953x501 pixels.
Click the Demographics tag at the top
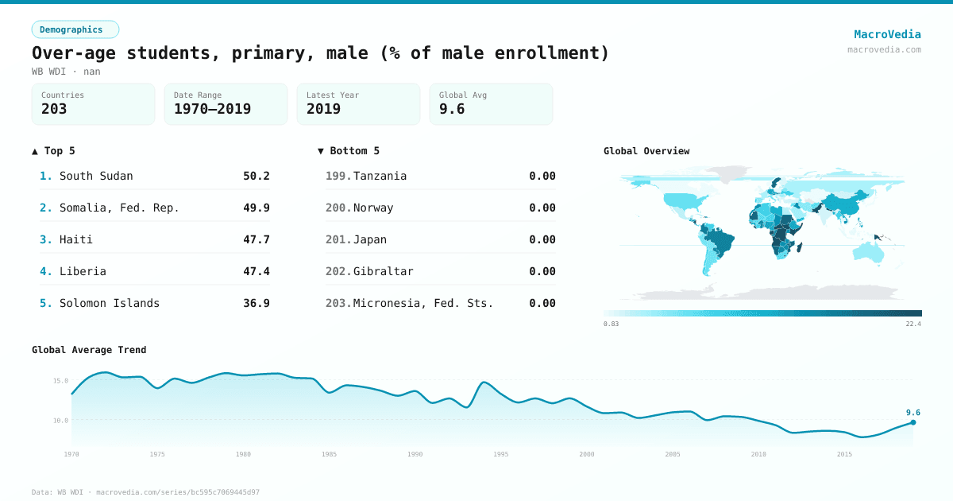tap(75, 29)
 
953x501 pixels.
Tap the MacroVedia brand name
tap(887, 34)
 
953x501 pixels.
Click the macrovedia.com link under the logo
tap(884, 49)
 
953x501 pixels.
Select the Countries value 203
tap(54, 109)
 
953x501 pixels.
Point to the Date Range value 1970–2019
tap(212, 109)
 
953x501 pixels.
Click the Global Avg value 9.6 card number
tap(452, 109)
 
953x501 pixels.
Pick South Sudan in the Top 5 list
tap(96, 176)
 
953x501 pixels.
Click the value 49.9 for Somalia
tap(256, 208)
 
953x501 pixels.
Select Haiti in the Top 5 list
tap(76, 239)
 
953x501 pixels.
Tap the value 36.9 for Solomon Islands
tap(256, 303)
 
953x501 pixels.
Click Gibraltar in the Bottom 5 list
tap(383, 271)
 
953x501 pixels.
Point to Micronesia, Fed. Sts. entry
tap(422, 303)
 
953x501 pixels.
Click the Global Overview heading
tap(646, 151)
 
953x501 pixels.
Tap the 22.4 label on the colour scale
tap(912, 324)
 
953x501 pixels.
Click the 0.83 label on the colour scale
tap(611, 324)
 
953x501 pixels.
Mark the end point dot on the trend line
tap(913, 422)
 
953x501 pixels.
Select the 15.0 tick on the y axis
tap(60, 380)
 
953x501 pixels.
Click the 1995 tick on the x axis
tap(501, 454)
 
